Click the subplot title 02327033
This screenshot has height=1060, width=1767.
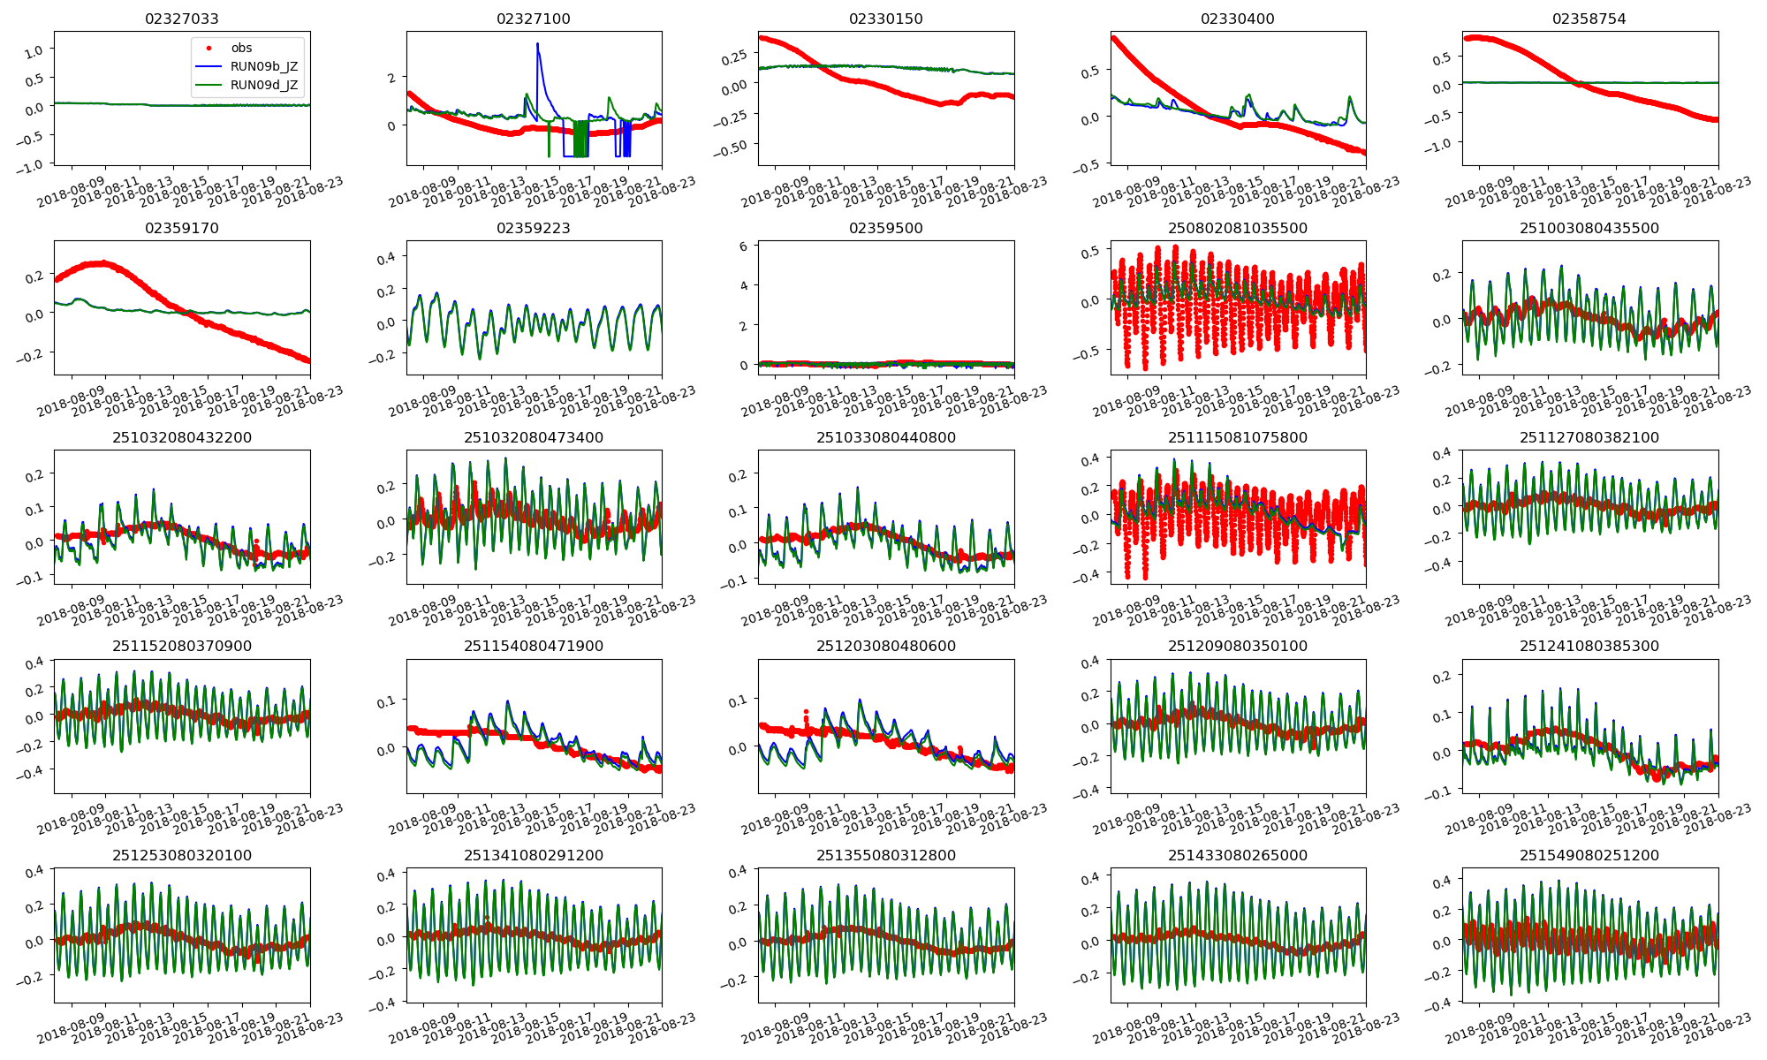(181, 19)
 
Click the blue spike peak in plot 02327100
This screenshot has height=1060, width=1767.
(537, 44)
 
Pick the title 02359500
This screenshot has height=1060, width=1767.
(885, 228)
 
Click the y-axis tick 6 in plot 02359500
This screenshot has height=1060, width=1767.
(744, 246)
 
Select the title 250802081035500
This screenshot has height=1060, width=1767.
(1237, 228)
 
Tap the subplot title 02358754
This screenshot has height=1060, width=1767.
(1589, 19)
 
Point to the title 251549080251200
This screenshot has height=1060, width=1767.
(1589, 855)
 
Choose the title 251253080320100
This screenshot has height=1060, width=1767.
(181, 855)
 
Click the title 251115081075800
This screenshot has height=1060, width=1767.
(1237, 437)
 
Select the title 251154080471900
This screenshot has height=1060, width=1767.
(534, 646)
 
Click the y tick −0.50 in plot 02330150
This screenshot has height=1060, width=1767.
(735, 147)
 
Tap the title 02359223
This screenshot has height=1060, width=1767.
(534, 228)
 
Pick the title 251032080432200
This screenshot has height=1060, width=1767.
(181, 437)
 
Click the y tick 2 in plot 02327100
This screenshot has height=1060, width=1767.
(391, 78)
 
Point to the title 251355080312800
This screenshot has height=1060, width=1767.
(885, 855)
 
